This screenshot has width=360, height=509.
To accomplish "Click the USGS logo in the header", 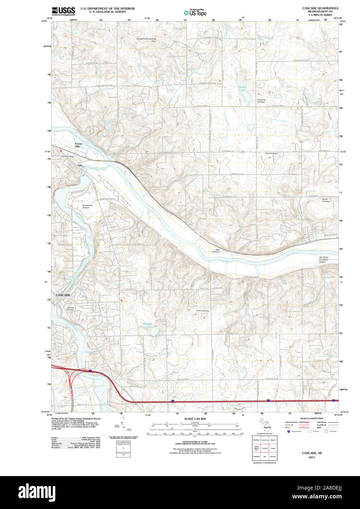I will pyautogui.click(x=63, y=11).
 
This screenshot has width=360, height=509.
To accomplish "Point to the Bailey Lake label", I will pyautogui.click(x=242, y=88).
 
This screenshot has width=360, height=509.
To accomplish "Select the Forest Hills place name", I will pyautogui.click(x=78, y=145).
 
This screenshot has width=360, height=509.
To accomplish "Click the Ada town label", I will pyautogui.click(x=80, y=166).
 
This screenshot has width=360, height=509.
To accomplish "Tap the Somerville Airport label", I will pyautogui.click(x=87, y=207).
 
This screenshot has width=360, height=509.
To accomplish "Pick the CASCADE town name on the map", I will pyautogui.click(x=63, y=295).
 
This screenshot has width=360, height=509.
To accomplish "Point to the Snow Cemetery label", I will pyautogui.click(x=203, y=311).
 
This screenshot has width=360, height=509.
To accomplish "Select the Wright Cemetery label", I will pyautogui.click(x=326, y=200).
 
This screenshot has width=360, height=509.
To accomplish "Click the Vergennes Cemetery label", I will pyautogui.click(x=261, y=101).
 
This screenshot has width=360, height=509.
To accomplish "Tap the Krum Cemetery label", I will pyautogui.click(x=272, y=153).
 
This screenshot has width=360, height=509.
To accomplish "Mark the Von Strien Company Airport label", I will pyautogui.click(x=323, y=260).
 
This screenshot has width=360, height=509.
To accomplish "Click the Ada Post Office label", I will pyautogui.click(x=68, y=157).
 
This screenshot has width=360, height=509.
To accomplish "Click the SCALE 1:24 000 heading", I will pyautogui.click(x=195, y=419).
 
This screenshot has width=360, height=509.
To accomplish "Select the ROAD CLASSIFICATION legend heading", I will pyautogui.click(x=312, y=418).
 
